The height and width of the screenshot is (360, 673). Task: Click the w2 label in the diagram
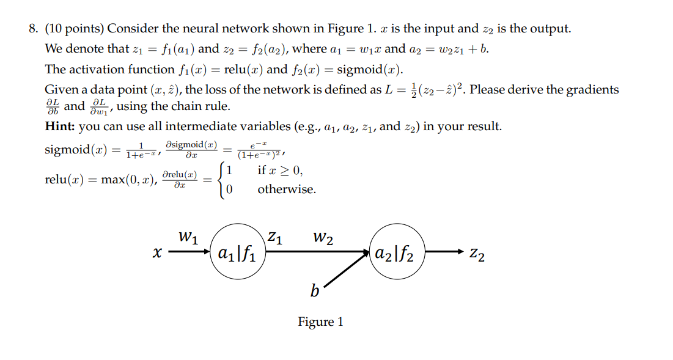(x=323, y=236)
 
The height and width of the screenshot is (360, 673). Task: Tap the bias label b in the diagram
(x=314, y=291)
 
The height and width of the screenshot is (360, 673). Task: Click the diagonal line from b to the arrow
(x=346, y=270)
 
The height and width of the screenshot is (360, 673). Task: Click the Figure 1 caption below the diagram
(x=320, y=321)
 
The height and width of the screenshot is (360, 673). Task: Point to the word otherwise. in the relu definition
(x=287, y=189)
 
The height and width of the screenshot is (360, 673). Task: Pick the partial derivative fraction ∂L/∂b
(x=53, y=106)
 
